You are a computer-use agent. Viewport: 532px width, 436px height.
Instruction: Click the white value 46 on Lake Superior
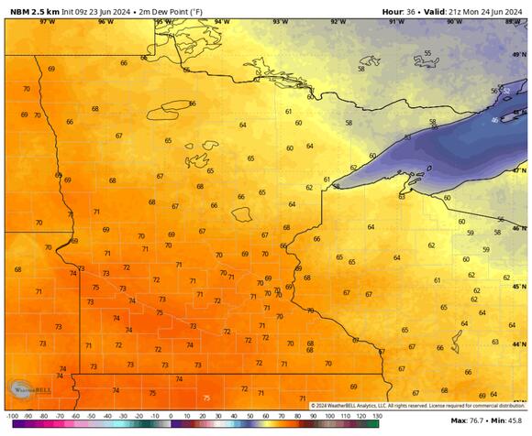[x=494, y=120]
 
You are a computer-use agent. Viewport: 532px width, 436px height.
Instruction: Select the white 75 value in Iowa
[x=205, y=398]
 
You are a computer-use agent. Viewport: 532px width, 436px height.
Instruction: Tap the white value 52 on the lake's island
[x=505, y=91]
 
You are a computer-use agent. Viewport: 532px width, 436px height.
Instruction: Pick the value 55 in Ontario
[x=427, y=53]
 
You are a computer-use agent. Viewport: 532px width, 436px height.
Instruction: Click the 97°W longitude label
[x=47, y=21]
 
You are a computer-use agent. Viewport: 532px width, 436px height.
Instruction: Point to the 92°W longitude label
[x=338, y=21]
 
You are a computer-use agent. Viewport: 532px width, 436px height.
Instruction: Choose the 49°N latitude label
[x=519, y=55]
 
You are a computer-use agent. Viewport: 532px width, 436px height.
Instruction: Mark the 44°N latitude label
[x=519, y=343]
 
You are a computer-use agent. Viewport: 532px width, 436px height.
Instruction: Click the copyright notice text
[x=417, y=406]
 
